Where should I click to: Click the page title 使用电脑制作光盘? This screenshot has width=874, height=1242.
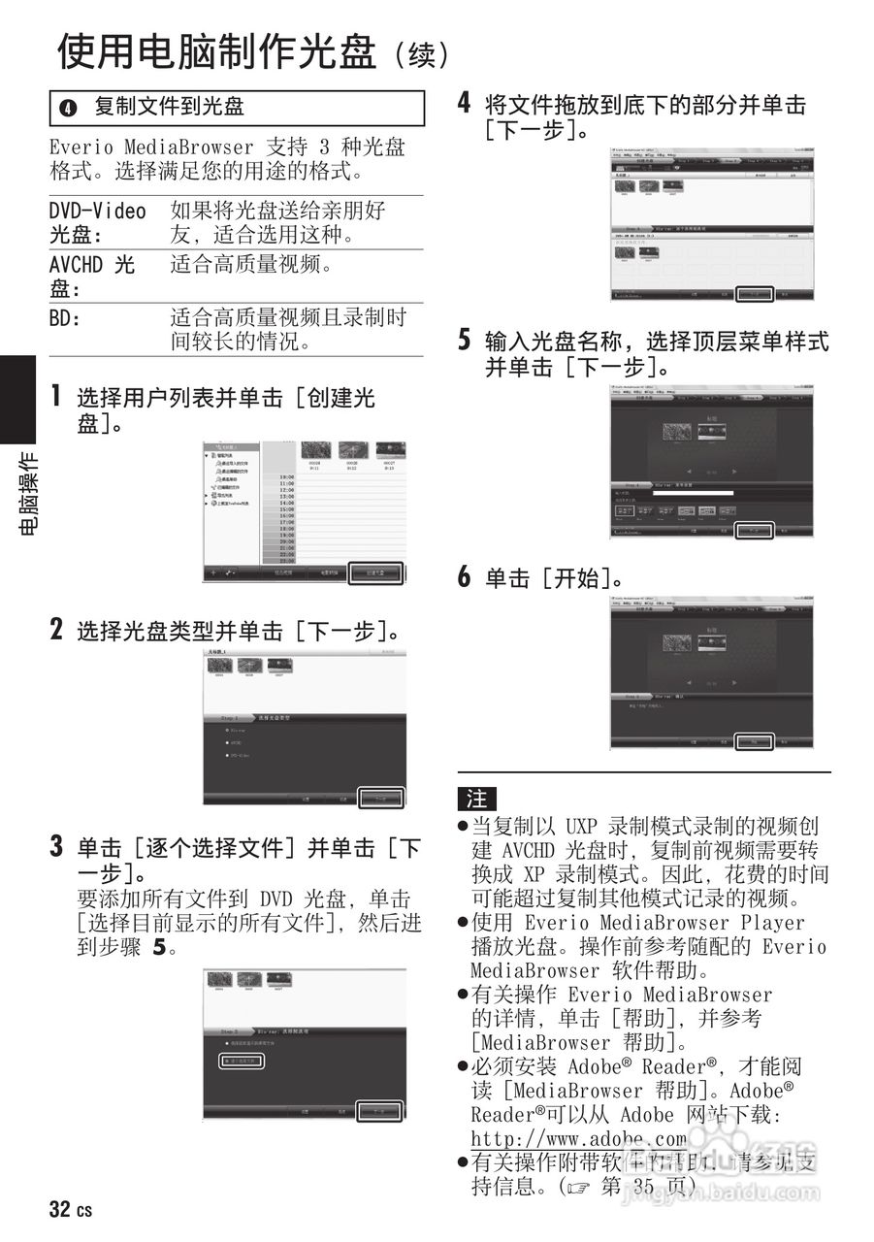click(215, 50)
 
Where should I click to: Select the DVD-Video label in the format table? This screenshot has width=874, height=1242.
click(98, 212)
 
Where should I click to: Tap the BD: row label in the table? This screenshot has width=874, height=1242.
click(65, 317)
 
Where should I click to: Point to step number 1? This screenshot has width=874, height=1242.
click(57, 396)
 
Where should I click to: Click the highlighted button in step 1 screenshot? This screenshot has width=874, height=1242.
click(376, 573)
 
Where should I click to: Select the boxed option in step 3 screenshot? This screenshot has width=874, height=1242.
click(240, 1062)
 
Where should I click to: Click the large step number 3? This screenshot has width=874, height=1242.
click(57, 847)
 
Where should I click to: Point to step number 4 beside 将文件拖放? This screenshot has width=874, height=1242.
click(465, 104)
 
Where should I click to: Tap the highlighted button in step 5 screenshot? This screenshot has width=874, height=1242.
click(753, 531)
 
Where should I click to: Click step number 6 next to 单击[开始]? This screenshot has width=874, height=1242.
click(465, 578)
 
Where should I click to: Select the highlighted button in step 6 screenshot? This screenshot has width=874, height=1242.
click(753, 741)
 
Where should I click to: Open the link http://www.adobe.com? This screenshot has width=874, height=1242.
click(578, 1138)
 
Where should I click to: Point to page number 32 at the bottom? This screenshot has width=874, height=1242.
click(60, 1210)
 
